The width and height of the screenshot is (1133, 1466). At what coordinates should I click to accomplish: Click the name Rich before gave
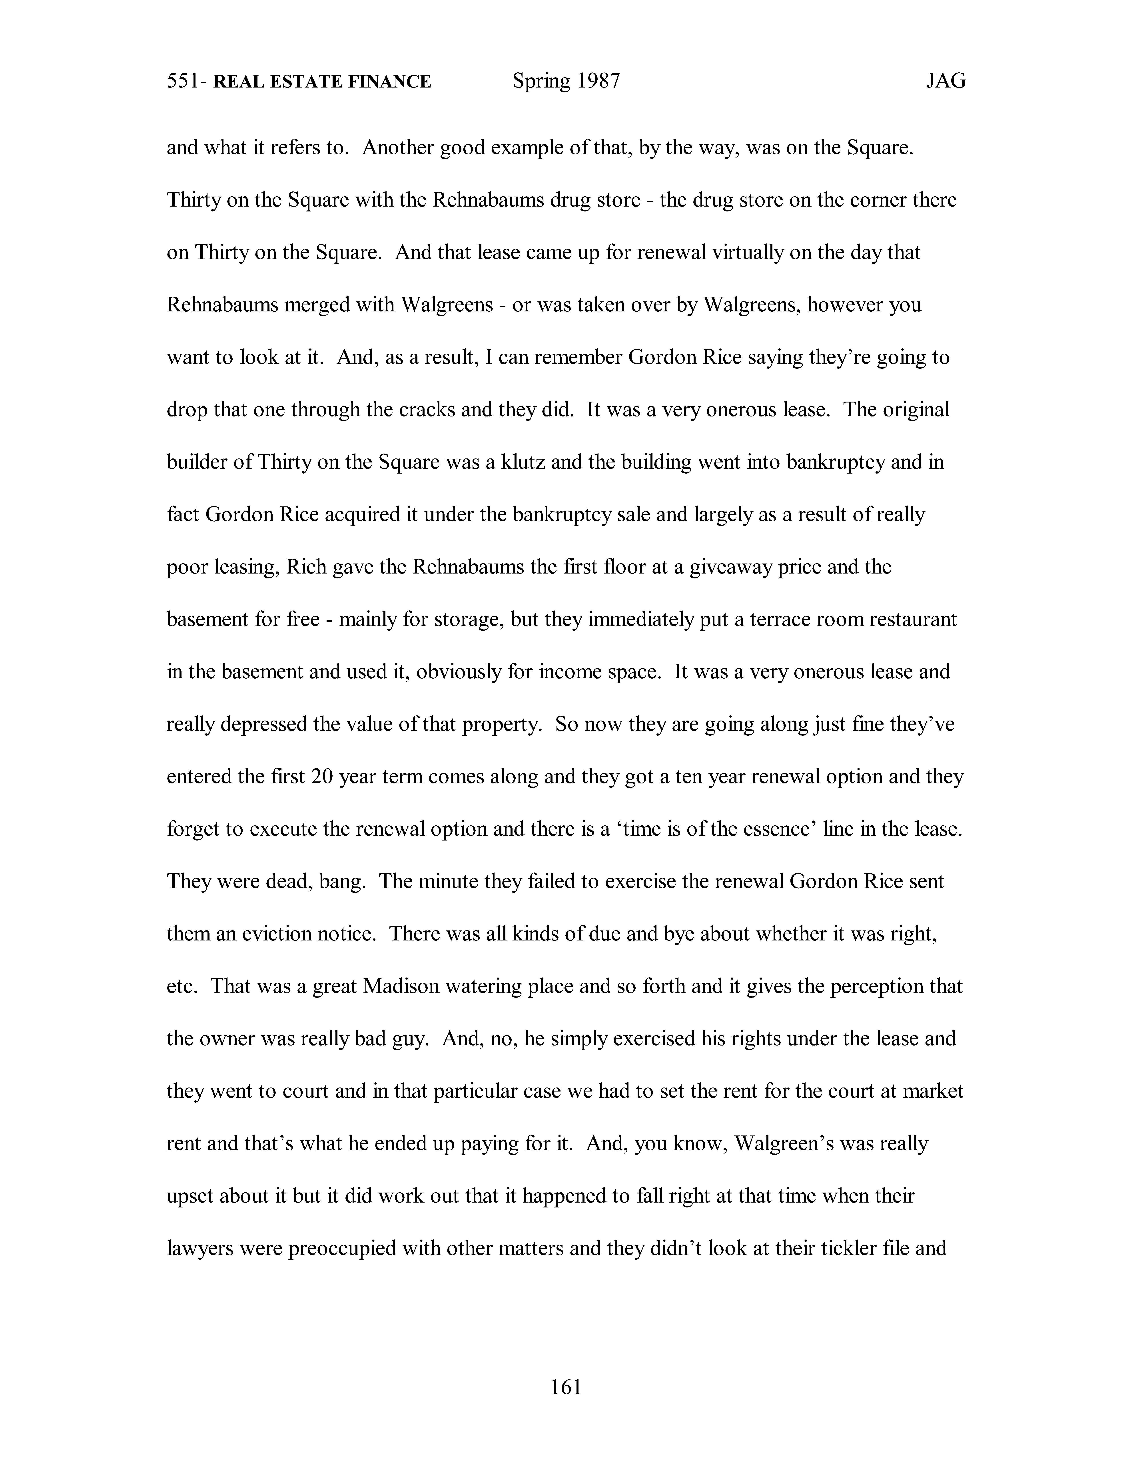pyautogui.click(x=306, y=567)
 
